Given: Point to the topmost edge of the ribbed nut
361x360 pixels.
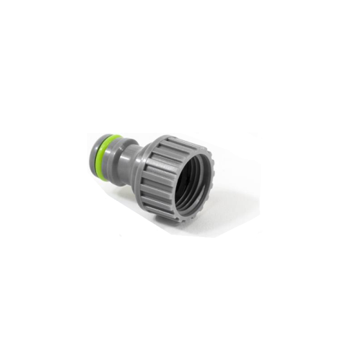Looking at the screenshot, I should (173, 135).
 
